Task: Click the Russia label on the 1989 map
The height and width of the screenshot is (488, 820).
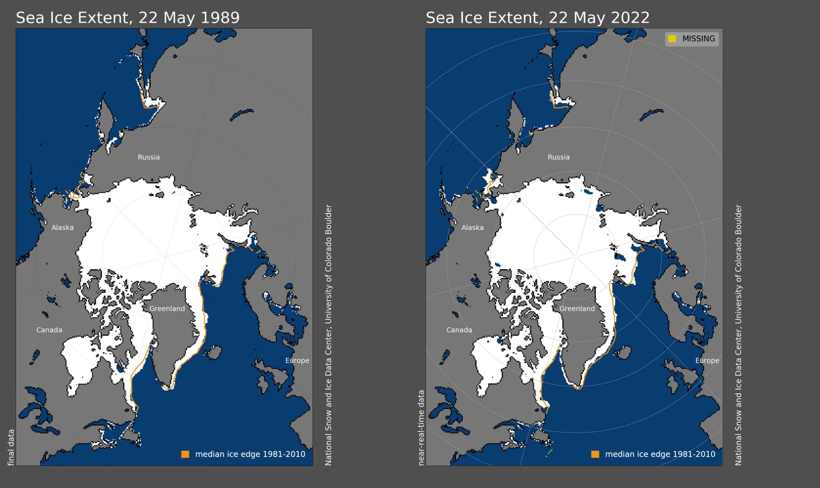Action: (149, 157)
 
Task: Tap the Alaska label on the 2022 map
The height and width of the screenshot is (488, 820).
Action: (473, 227)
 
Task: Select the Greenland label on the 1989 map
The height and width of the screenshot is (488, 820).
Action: (167, 309)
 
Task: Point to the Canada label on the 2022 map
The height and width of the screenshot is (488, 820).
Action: (459, 330)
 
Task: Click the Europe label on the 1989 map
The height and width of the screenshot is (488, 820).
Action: (297, 361)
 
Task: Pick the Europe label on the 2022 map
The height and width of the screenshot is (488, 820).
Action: (707, 361)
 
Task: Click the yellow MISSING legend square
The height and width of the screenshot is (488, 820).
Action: (672, 39)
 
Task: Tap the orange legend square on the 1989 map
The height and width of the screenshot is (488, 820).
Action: (185, 454)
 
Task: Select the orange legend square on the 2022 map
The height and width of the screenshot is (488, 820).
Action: (595, 454)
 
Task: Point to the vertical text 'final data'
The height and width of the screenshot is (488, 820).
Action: (11, 447)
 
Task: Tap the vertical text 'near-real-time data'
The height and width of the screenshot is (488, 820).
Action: (421, 428)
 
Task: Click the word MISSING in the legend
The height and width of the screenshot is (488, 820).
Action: (699, 39)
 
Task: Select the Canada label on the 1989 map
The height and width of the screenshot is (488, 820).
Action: (49, 330)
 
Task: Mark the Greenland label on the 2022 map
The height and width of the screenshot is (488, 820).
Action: (577, 309)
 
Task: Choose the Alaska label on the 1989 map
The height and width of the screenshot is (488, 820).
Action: (63, 227)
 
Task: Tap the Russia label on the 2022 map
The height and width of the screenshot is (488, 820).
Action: (559, 157)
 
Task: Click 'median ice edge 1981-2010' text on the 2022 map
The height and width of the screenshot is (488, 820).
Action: (660, 454)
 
